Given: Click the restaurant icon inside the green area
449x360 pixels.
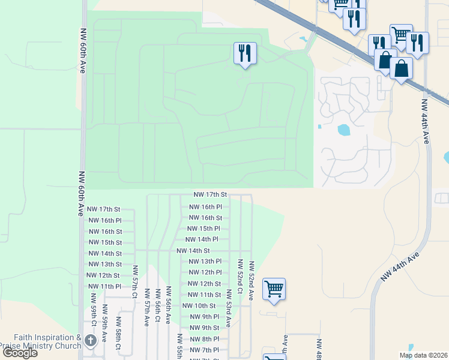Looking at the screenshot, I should [x=245, y=53].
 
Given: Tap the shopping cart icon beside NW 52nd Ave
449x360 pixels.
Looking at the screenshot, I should [x=274, y=289].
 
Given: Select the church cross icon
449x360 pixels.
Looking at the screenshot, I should [x=91, y=341].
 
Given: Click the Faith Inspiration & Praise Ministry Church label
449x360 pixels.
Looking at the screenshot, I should [x=41, y=341].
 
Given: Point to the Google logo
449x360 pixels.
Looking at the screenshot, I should [x=19, y=352].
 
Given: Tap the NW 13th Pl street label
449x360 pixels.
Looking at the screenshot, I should [x=205, y=262].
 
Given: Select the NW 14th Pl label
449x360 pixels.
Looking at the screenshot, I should [x=202, y=239].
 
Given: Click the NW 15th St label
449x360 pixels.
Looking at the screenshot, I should [x=105, y=242].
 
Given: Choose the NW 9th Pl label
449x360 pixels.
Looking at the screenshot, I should [x=204, y=317].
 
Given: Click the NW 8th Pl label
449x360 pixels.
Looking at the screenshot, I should [x=204, y=339].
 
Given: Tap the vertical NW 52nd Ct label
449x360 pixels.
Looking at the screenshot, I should [x=240, y=276].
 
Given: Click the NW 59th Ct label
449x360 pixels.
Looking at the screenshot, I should [x=93, y=307].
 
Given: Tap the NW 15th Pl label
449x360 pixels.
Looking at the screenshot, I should [x=203, y=229].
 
